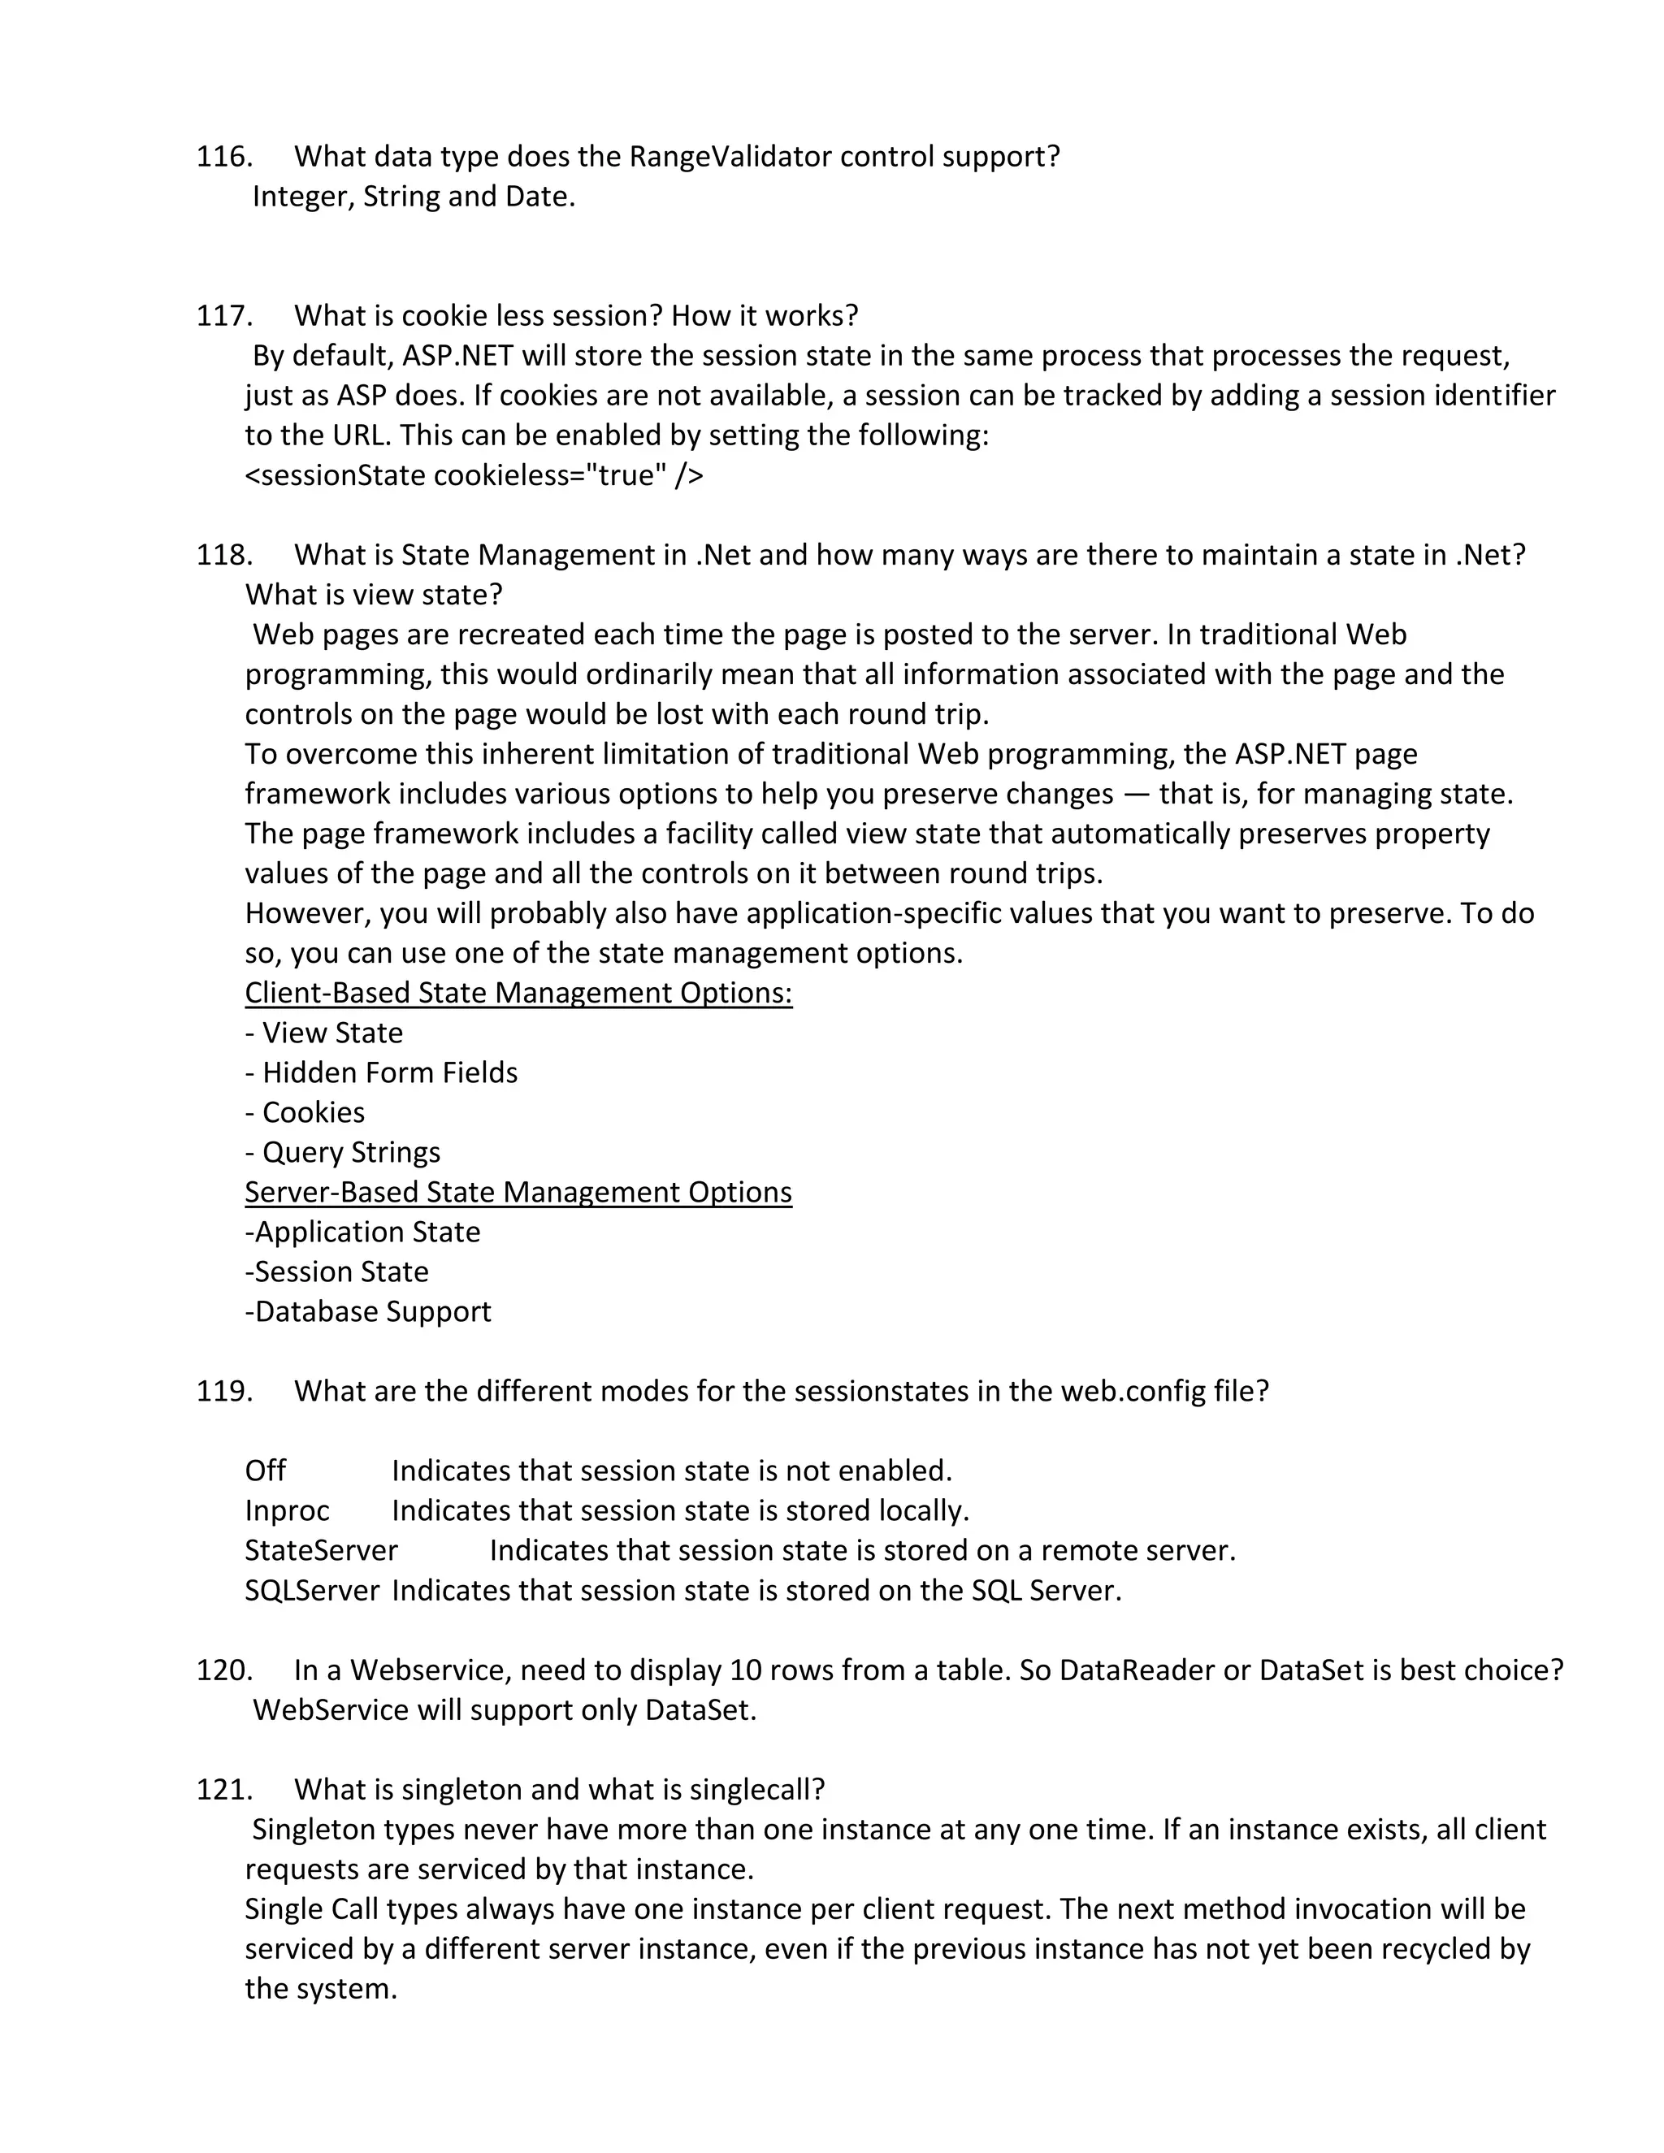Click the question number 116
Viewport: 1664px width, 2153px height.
pos(223,157)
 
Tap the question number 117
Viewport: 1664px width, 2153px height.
pos(223,315)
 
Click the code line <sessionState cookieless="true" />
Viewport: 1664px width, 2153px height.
pos(474,475)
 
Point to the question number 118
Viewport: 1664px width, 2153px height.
pos(223,555)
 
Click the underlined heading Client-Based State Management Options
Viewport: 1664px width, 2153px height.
pos(518,993)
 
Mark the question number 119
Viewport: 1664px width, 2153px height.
pos(223,1391)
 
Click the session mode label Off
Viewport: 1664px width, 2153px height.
pos(265,1471)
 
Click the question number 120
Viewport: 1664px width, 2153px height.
pos(223,1670)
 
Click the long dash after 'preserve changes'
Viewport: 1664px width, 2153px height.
pos(1137,795)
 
